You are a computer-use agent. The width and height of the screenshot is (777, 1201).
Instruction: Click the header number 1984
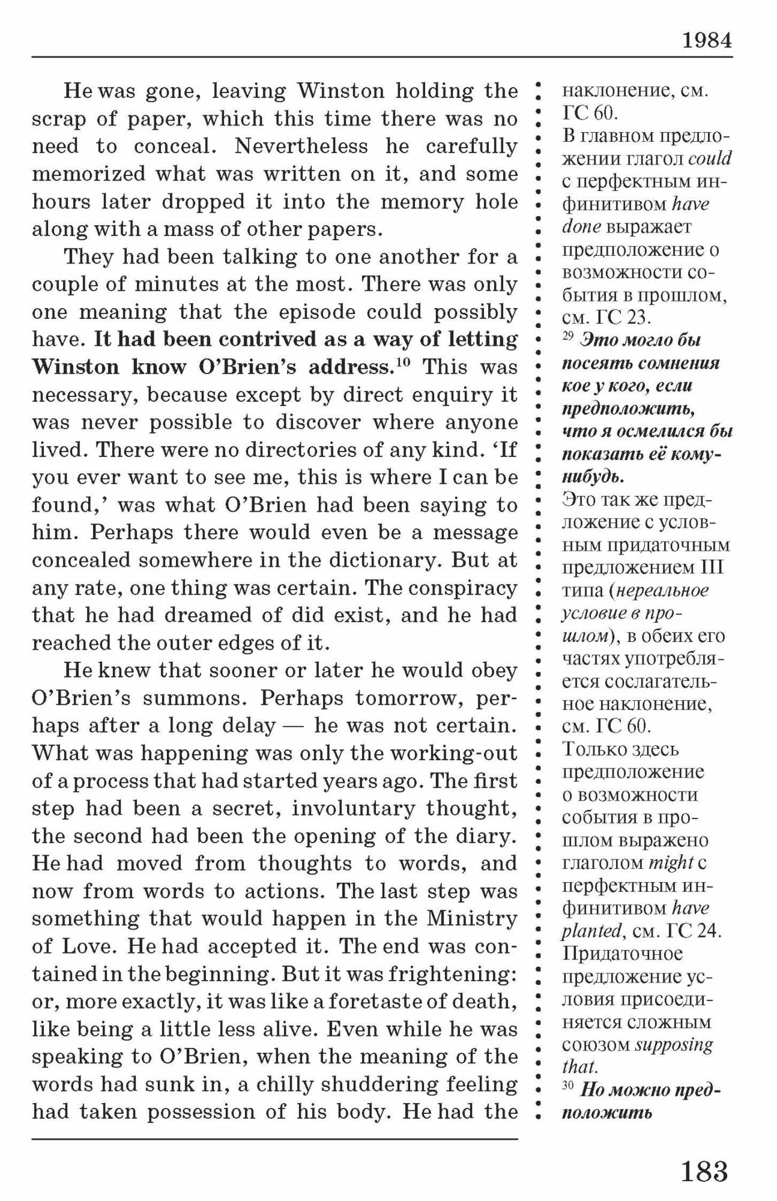tap(707, 40)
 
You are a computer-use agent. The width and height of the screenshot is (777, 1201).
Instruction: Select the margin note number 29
tap(568, 337)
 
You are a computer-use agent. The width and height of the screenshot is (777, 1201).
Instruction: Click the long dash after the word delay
tap(295, 726)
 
